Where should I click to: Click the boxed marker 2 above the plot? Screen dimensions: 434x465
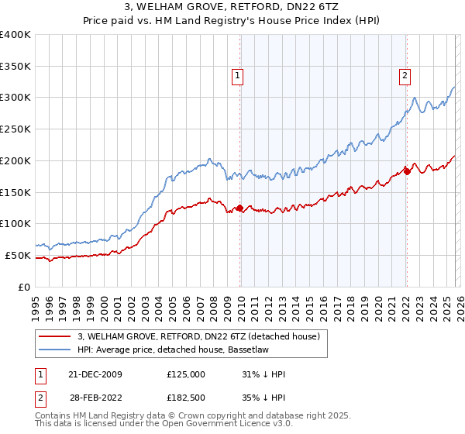(x=405, y=75)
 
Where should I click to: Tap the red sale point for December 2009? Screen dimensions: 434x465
(x=239, y=208)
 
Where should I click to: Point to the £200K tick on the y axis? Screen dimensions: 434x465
(x=15, y=160)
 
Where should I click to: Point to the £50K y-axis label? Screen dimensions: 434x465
(x=17, y=255)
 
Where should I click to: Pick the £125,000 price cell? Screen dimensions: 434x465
(x=186, y=374)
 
